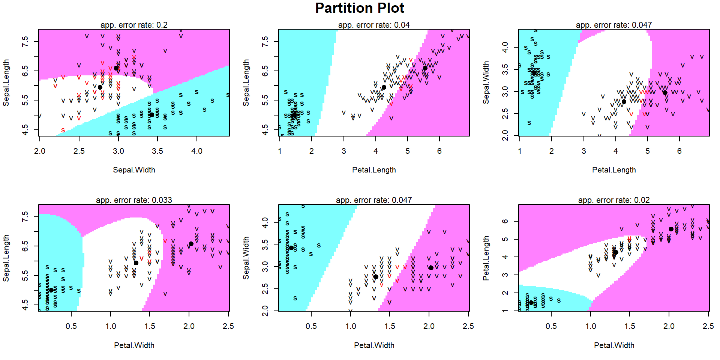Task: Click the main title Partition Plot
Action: [359, 8]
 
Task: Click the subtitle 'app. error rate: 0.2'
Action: [134, 25]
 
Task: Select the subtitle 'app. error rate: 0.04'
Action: [373, 25]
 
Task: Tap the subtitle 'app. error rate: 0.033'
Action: [134, 200]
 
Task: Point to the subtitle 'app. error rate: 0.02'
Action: [614, 200]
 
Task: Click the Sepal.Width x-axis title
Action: [134, 170]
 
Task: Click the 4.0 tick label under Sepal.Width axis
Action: [196, 151]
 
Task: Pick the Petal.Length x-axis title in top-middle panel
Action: [373, 170]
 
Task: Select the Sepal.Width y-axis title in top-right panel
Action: [486, 82]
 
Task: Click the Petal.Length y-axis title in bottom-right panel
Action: [486, 258]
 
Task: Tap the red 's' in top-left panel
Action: [63, 130]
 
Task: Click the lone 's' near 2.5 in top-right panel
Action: [529, 123]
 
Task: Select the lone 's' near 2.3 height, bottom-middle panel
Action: [295, 298]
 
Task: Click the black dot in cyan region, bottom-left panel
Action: [51, 290]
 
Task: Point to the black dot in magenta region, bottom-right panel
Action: [671, 229]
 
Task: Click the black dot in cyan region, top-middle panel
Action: [295, 115]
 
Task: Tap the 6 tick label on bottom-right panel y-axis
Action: [505, 221]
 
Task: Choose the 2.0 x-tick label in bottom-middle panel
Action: [429, 326]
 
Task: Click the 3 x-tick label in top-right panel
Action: [583, 151]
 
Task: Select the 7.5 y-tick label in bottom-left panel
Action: [25, 216]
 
